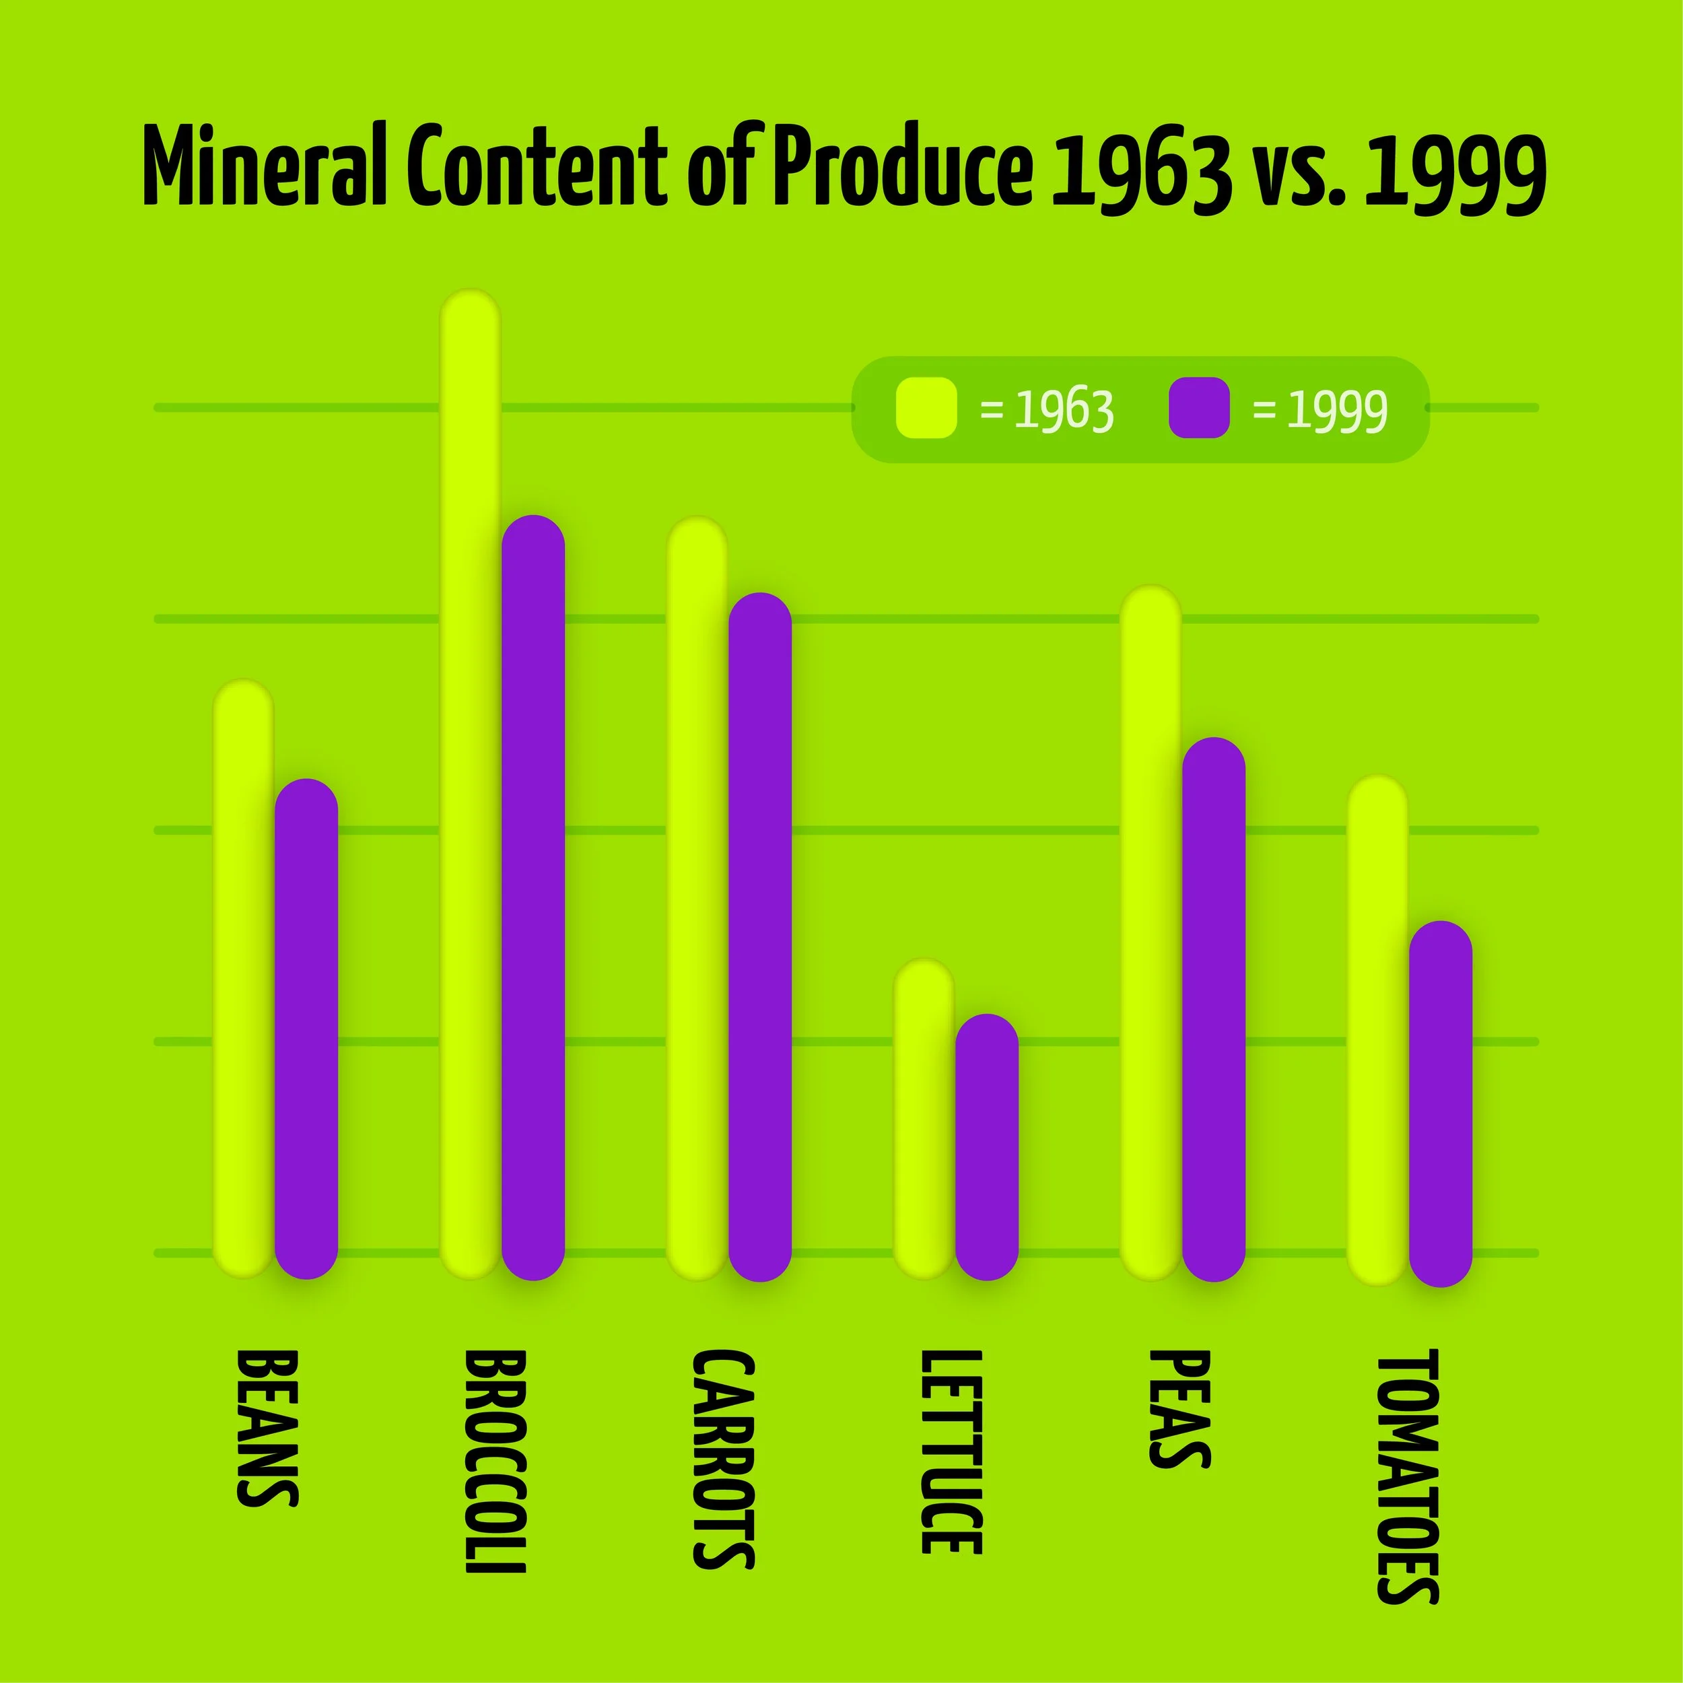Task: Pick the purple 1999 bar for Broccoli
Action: (533, 897)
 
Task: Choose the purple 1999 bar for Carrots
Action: (759, 936)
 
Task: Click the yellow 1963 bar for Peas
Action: (1150, 932)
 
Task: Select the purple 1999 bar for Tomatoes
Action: (1441, 1103)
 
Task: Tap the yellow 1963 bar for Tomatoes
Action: (1378, 1028)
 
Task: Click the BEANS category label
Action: (267, 1429)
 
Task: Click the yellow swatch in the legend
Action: (926, 408)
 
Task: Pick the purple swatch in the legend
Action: (1199, 408)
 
